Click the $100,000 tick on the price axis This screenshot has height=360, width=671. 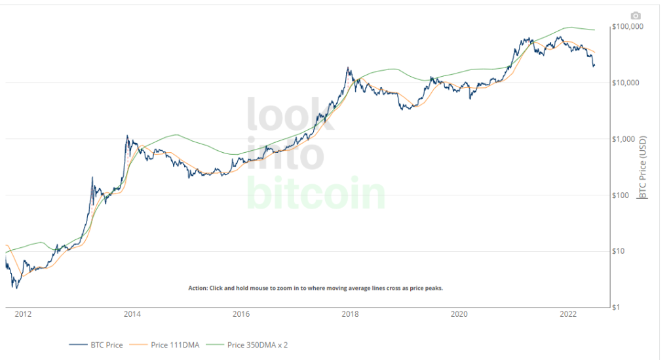pos(628,27)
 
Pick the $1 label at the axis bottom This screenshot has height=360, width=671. pos(618,308)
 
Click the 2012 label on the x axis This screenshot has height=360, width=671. pos(23,315)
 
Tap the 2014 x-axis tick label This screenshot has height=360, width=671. pos(132,315)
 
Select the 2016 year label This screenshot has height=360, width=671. pos(241,315)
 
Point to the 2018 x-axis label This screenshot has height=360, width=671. pos(351,315)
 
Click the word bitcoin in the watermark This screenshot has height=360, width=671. pos(316,192)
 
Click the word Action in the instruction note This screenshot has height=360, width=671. pos(197,288)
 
